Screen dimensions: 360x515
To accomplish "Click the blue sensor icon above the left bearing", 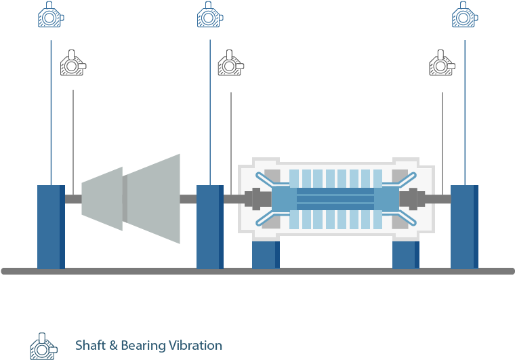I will click(x=51, y=15).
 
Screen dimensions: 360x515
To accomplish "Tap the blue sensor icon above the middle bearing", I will click(x=210, y=15).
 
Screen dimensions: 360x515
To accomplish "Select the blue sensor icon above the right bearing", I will click(x=465, y=15).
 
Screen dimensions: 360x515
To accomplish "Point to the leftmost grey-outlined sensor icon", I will click(x=73, y=64).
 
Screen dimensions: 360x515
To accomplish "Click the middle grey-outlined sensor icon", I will click(x=230, y=64).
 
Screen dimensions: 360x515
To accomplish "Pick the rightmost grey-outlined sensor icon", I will click(x=442, y=64).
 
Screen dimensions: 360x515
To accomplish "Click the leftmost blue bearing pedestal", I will click(x=51, y=226).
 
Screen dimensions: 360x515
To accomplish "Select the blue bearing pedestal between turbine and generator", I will click(x=210, y=226).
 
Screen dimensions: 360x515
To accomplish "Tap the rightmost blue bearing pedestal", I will click(x=465, y=226).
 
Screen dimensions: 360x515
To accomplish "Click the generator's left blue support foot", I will click(x=266, y=254).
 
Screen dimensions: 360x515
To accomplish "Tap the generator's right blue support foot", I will click(x=406, y=254).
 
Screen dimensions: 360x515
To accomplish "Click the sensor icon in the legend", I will click(x=43, y=346).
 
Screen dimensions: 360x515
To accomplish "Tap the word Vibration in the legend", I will click(x=192, y=346).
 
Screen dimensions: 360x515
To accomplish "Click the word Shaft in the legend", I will click(x=90, y=346).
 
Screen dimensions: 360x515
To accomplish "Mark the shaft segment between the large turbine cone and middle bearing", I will click(x=188, y=199).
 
